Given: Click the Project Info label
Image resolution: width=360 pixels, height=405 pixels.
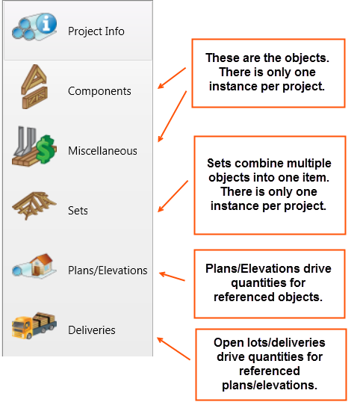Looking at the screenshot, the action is (96, 31).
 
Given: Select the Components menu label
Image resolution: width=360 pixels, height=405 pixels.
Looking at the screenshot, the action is (99, 91).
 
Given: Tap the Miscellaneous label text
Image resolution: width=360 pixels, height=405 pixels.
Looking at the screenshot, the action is (102, 151).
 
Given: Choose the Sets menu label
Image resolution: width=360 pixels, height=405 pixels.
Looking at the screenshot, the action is (78, 211).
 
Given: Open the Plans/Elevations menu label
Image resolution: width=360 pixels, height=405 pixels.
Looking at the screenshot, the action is (108, 270).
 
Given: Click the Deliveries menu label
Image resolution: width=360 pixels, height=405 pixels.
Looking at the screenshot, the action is (92, 330).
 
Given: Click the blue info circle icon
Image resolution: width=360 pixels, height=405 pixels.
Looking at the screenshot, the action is (46, 23).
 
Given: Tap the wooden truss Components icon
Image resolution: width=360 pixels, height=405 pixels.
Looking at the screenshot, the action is (34, 87).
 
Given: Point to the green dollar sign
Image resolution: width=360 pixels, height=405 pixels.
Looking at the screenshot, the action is (46, 149).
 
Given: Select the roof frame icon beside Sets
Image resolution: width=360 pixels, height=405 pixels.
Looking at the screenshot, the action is (34, 205).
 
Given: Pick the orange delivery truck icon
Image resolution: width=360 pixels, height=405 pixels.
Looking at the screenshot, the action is (34, 326).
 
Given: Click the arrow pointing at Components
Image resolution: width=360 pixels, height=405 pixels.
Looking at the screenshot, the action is (172, 78).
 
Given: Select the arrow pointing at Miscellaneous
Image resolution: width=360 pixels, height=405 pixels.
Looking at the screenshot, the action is (173, 117).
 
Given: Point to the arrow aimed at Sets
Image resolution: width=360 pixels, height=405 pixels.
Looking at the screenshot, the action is (173, 197).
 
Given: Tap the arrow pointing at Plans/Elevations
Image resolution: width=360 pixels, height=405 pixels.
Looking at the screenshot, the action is (172, 276).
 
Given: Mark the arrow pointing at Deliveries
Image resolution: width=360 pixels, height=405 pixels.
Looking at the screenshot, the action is (173, 348).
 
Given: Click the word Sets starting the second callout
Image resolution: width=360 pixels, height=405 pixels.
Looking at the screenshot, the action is (220, 163).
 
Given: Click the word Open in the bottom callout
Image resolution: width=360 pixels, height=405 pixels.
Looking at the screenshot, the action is (229, 343).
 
